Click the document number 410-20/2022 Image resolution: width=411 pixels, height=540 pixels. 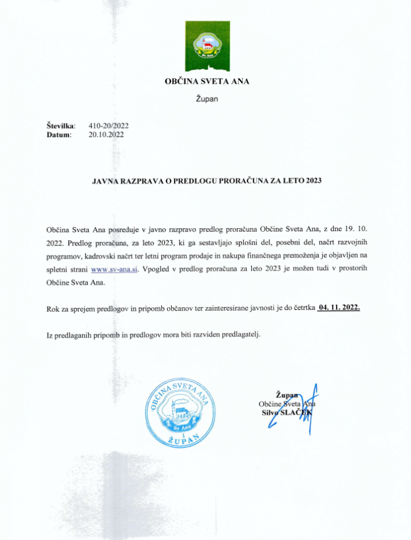coord(109,125)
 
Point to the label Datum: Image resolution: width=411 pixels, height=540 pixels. coord(59,134)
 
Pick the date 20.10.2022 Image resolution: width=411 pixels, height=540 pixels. coord(106,134)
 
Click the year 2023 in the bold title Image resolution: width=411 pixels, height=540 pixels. coord(310,181)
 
